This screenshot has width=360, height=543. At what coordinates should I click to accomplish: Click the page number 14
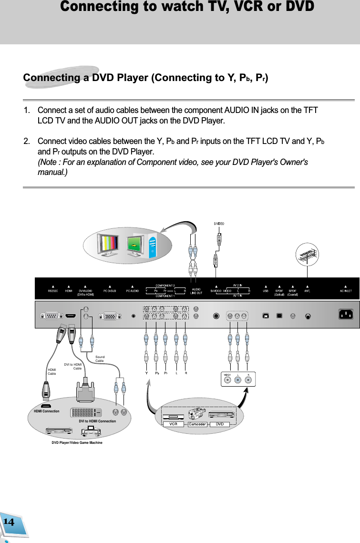pyautogui.click(x=9, y=522)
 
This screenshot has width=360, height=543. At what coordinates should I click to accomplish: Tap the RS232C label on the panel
pyautogui.click(x=53, y=290)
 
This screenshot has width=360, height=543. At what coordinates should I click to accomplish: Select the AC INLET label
pyautogui.click(x=346, y=290)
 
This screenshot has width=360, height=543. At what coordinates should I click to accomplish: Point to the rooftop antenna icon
pyautogui.click(x=308, y=255)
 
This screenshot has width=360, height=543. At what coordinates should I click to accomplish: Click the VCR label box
pyautogui.click(x=173, y=424)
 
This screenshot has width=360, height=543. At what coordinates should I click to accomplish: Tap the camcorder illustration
pyautogui.click(x=197, y=413)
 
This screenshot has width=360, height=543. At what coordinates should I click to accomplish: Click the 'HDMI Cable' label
pyautogui.click(x=52, y=372)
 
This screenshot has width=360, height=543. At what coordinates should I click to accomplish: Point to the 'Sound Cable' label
pyautogui.click(x=100, y=359)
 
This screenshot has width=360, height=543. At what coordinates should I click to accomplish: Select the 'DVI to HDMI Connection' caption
pyautogui.click(x=97, y=421)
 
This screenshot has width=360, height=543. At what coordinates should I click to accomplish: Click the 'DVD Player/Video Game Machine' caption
pyautogui.click(x=77, y=443)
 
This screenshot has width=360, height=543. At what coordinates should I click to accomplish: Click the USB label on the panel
pyautogui.click(x=266, y=290)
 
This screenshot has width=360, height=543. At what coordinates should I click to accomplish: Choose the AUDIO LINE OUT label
pyautogui.click(x=196, y=292)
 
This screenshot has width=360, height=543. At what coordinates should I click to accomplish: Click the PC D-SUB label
pyautogui.click(x=110, y=290)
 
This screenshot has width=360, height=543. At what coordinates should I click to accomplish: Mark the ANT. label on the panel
pyautogui.click(x=308, y=290)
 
